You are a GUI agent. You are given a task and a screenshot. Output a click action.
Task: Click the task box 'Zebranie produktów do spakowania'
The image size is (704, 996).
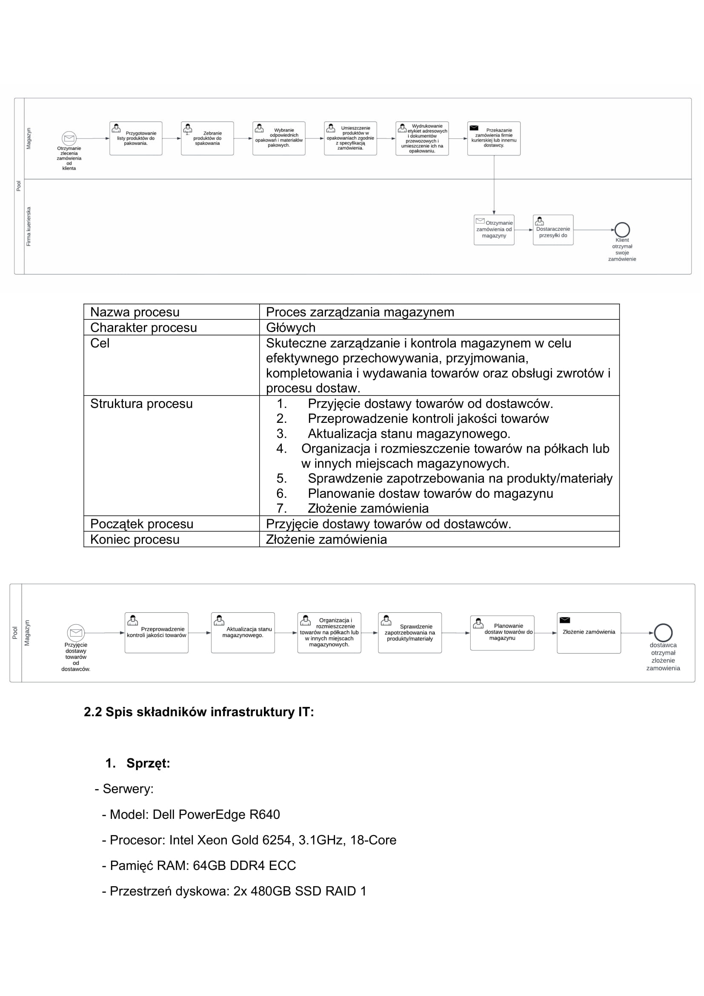pos(207,138)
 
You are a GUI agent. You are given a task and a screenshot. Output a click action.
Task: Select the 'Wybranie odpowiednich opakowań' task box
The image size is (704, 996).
pos(279,138)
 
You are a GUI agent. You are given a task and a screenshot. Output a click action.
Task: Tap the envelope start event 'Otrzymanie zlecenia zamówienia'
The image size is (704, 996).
pos(69,138)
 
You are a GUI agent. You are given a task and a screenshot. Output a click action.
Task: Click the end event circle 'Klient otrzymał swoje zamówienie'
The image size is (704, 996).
pos(622,230)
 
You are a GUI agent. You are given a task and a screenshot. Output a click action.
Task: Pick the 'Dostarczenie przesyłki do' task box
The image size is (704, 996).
pos(553,230)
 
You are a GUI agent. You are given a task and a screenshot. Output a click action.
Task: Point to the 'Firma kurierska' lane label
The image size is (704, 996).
pos(29,227)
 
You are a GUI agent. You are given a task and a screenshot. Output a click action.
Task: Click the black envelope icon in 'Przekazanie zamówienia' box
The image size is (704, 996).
pos(474,128)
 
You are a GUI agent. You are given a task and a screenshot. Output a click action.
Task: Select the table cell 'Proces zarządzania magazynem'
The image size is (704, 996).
pos(360,312)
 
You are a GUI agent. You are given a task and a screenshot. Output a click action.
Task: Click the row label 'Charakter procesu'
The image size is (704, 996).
pos(143,327)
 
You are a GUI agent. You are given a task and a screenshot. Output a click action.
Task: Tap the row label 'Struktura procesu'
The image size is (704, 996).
pos(141,403)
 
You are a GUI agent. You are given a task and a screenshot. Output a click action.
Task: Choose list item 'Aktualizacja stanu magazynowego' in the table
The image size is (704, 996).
pos(409,433)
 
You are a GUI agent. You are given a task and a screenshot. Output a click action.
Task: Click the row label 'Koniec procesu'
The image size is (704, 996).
pos(135,539)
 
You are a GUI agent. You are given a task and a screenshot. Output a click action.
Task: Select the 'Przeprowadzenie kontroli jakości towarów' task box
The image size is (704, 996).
pos(157,632)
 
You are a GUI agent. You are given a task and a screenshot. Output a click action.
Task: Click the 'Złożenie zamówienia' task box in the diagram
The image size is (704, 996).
pos(589,632)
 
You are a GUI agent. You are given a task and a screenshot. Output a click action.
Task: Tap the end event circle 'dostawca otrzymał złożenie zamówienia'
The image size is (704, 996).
pos(663,632)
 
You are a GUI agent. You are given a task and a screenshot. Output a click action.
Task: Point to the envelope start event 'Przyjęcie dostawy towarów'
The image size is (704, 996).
pos(76,632)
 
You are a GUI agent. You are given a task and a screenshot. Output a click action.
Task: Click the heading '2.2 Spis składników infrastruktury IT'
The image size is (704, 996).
pos(198,712)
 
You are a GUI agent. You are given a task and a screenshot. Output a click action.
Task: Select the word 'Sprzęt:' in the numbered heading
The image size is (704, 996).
pos(148,763)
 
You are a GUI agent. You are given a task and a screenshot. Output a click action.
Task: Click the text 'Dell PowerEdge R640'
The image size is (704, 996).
pos(216,814)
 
